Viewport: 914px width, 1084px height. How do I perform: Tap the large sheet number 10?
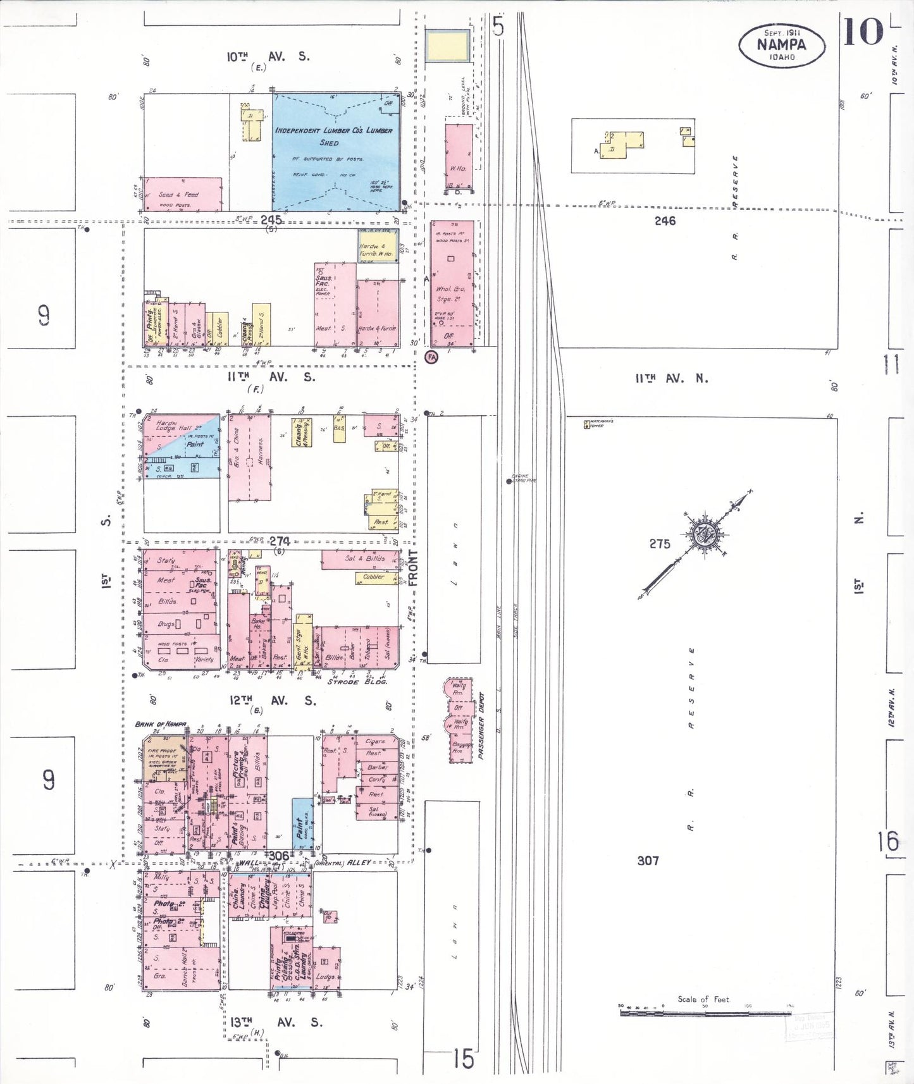(862, 32)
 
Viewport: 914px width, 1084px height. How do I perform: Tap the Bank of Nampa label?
(161, 724)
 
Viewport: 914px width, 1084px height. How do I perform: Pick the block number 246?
(665, 221)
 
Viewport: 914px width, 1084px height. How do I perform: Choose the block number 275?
(659, 544)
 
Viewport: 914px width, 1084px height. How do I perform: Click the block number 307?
(648, 860)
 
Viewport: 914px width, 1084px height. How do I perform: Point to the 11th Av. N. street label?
(672, 378)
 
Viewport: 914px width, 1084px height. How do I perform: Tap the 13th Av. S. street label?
(275, 1022)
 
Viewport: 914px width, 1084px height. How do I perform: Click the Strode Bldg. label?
(357, 682)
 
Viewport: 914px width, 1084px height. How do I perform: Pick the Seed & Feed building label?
(178, 195)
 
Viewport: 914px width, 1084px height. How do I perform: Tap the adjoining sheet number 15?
(463, 1058)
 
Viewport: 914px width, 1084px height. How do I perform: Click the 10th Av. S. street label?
(268, 56)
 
